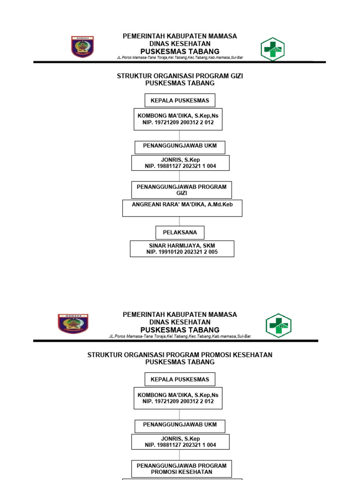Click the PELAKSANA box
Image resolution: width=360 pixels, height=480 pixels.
coord(180,232)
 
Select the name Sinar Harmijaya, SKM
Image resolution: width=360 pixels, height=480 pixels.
coord(182,246)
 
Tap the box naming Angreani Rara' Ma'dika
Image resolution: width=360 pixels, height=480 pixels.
coord(182,208)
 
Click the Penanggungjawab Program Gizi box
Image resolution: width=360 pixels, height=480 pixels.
coord(181,190)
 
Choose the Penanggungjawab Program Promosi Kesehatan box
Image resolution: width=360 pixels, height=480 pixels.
coord(181,469)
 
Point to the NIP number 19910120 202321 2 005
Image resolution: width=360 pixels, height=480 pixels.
coord(182,252)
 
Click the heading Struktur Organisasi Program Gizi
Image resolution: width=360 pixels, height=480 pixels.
coord(180,76)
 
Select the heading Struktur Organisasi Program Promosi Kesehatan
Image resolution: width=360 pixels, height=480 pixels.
coord(180,355)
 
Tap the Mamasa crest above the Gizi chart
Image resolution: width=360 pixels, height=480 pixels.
coord(82,46)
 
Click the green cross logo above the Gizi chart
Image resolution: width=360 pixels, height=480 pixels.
coord(273,49)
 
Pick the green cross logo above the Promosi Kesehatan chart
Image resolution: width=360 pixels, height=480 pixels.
coord(278,326)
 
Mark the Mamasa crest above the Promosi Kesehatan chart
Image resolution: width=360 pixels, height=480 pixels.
coord(73,324)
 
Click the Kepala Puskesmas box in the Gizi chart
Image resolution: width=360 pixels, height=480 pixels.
coord(180,100)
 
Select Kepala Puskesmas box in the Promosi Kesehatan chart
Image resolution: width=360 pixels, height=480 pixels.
coord(180,379)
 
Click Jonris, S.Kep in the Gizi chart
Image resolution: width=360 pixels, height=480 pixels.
coord(180,160)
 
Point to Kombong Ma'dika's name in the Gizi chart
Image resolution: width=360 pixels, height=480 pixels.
coord(178,116)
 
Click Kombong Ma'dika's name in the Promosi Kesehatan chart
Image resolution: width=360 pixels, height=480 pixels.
coord(178,395)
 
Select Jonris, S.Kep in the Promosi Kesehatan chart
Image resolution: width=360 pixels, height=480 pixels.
coord(180,439)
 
